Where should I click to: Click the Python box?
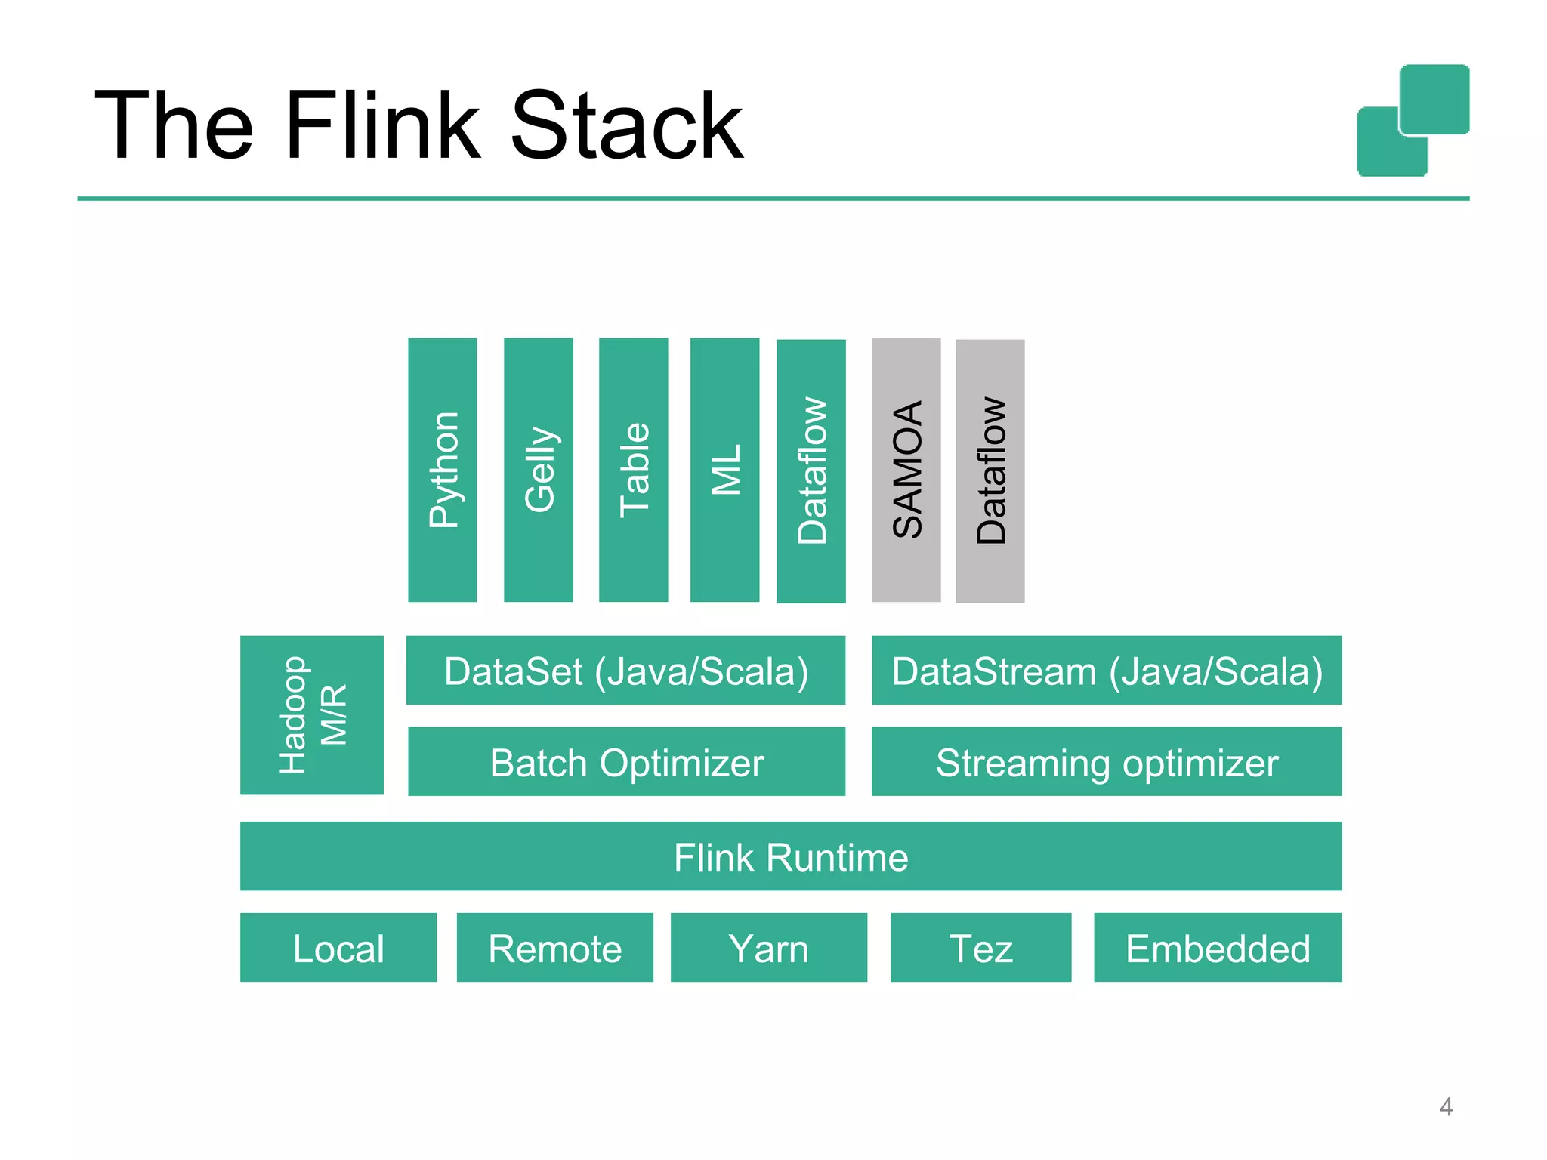[x=442, y=469]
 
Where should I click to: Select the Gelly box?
[x=538, y=469]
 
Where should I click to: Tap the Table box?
[x=633, y=469]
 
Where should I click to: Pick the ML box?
[x=724, y=469]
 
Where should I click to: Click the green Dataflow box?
[x=811, y=470]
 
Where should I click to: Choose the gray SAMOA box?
[x=906, y=469]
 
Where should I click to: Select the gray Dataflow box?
[x=990, y=470]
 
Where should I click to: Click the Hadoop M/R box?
[x=311, y=714]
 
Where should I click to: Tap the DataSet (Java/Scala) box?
[x=625, y=671]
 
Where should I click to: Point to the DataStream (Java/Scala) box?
[x=1106, y=671]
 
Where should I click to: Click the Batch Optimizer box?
[x=625, y=761]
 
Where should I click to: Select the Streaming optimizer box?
[x=1106, y=761]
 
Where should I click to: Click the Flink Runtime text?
[x=790, y=857]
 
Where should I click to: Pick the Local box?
[x=338, y=948]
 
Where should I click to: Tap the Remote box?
[x=554, y=948]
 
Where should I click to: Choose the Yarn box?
[x=768, y=948]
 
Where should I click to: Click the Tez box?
[x=980, y=948]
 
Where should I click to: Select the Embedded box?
[x=1217, y=948]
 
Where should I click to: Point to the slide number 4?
[x=1445, y=1106]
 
